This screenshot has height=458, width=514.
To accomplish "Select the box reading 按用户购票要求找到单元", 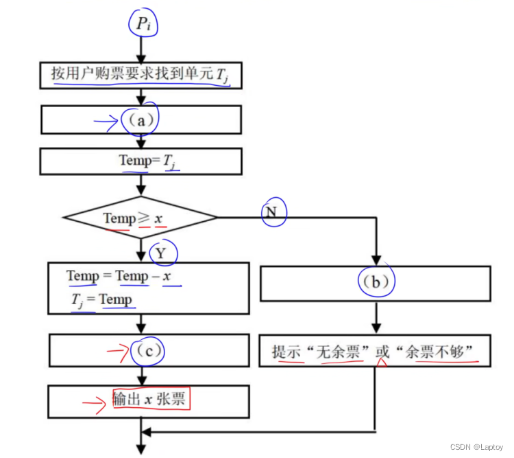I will click(140, 74).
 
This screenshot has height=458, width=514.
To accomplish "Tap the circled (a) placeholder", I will click(140, 120).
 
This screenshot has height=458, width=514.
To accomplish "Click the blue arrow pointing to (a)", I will click(106, 122).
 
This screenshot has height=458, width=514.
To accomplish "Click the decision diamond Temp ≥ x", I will click(140, 218).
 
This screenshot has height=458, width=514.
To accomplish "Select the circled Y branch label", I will click(161, 253).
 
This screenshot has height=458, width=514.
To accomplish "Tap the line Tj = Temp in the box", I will click(102, 299).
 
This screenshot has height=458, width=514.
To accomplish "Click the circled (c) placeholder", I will click(147, 351).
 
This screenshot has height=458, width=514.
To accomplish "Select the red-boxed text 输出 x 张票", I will click(151, 399).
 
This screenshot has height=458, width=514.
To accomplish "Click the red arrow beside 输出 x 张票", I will click(95, 402).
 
